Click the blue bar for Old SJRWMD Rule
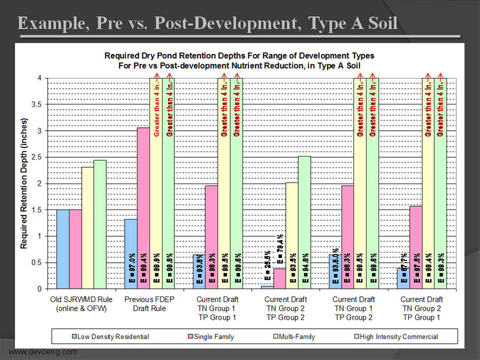[63, 249]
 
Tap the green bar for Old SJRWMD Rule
[100, 225]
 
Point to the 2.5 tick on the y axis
[40, 157]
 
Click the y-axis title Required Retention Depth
[25, 183]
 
